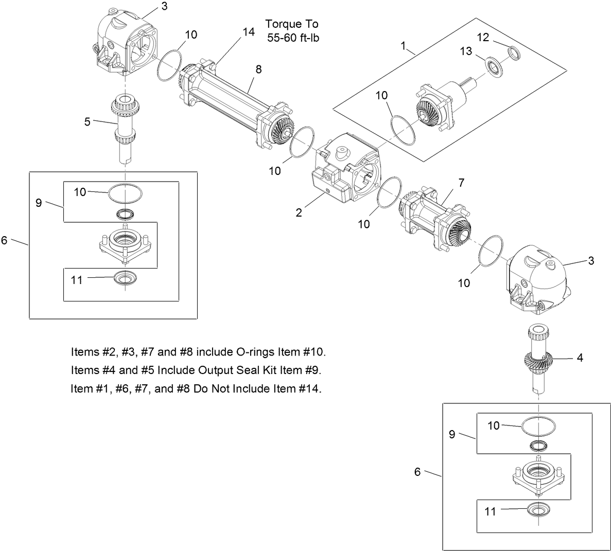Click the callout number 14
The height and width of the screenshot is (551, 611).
[249, 32]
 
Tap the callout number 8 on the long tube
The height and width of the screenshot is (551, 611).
[259, 69]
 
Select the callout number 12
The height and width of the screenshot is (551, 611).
[483, 37]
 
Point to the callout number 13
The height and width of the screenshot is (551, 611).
[466, 51]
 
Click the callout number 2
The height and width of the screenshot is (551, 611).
[299, 212]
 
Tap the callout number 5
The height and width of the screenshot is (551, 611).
[88, 122]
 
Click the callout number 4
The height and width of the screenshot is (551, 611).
[580, 358]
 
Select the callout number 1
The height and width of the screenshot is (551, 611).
[404, 46]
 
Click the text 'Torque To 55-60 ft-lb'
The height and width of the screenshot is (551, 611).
[292, 31]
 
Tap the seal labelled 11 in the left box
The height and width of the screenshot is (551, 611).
[125, 278]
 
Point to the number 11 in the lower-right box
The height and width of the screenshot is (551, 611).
[490, 511]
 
